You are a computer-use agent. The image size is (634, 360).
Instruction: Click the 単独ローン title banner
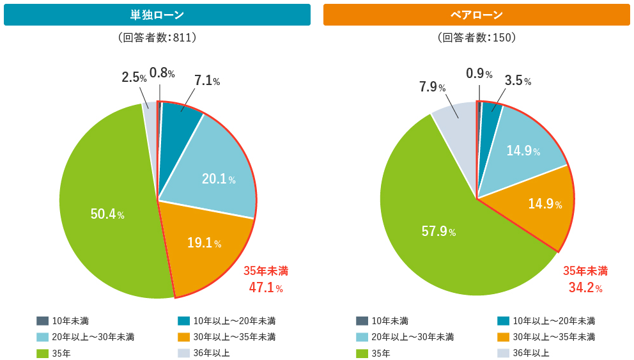[x=157, y=15]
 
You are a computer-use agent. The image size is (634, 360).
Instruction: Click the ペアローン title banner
[x=476, y=15]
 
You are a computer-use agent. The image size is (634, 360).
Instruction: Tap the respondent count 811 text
[x=157, y=38]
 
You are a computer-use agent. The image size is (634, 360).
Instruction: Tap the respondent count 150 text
[x=476, y=38]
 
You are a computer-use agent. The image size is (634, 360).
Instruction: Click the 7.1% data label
[x=207, y=81]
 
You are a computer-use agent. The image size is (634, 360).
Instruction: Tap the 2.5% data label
[x=134, y=77]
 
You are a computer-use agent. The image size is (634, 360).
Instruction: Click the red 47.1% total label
[x=265, y=288]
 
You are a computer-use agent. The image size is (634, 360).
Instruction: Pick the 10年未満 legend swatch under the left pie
[x=43, y=321]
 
